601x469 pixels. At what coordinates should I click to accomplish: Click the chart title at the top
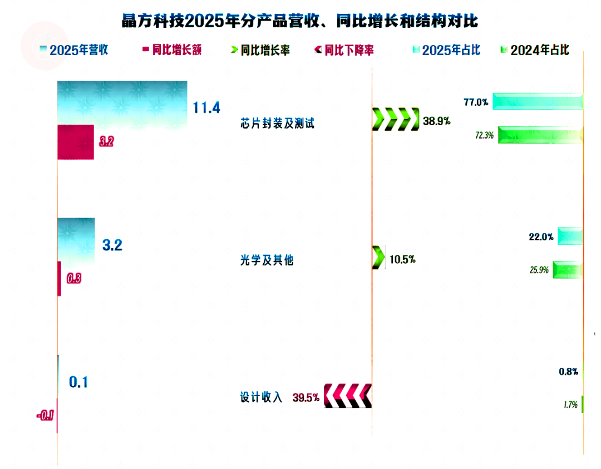point(300,21)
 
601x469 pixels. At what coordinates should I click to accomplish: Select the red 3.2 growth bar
point(76,142)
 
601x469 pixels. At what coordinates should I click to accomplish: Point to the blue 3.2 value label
point(112,245)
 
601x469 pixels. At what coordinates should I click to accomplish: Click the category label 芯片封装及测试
point(277,124)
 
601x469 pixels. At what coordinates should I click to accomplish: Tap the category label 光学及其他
point(267,260)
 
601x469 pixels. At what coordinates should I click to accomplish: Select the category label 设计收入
point(262,397)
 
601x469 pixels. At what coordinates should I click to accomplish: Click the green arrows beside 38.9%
point(396,119)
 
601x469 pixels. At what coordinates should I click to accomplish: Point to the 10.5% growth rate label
point(402,259)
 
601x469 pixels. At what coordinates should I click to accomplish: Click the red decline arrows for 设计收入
point(347,396)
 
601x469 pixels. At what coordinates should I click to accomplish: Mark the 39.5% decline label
point(306,397)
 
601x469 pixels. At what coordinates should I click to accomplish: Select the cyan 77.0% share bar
point(538,102)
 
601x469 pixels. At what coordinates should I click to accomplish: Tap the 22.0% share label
point(541,237)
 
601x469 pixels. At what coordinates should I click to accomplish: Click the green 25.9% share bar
point(568,270)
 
